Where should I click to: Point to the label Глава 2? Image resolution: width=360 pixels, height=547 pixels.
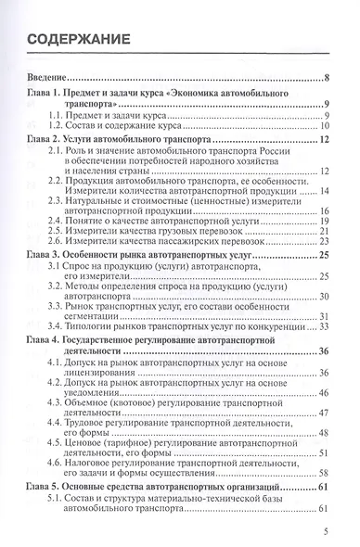[49, 139]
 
